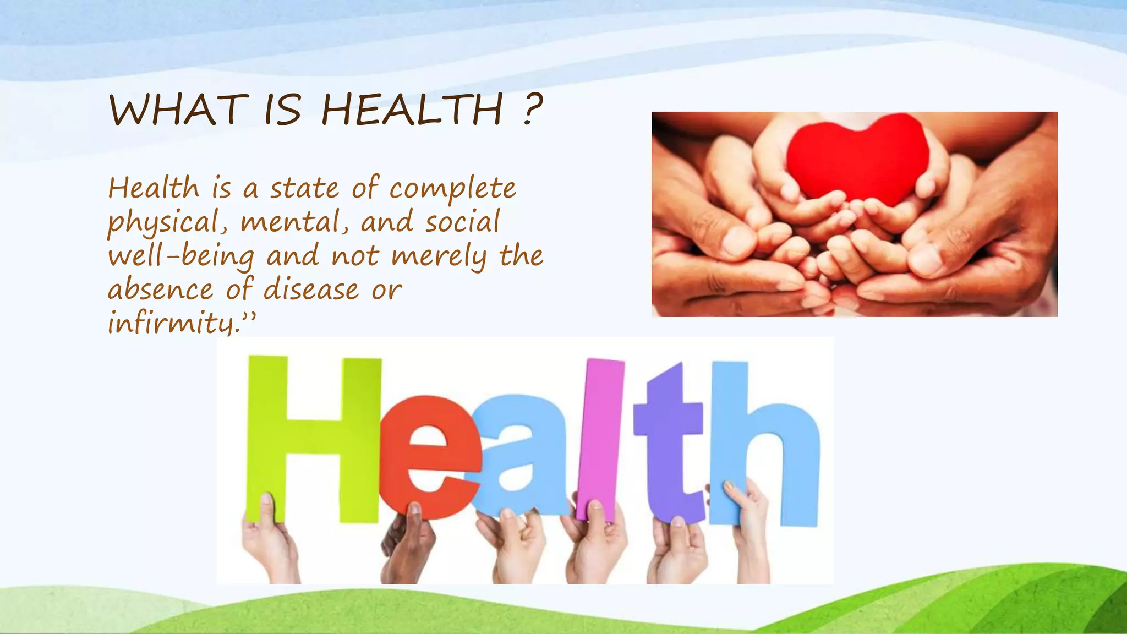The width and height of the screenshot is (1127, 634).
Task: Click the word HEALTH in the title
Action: click(412, 110)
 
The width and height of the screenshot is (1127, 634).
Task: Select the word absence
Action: click(161, 289)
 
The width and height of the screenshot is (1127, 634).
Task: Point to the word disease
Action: click(311, 289)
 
